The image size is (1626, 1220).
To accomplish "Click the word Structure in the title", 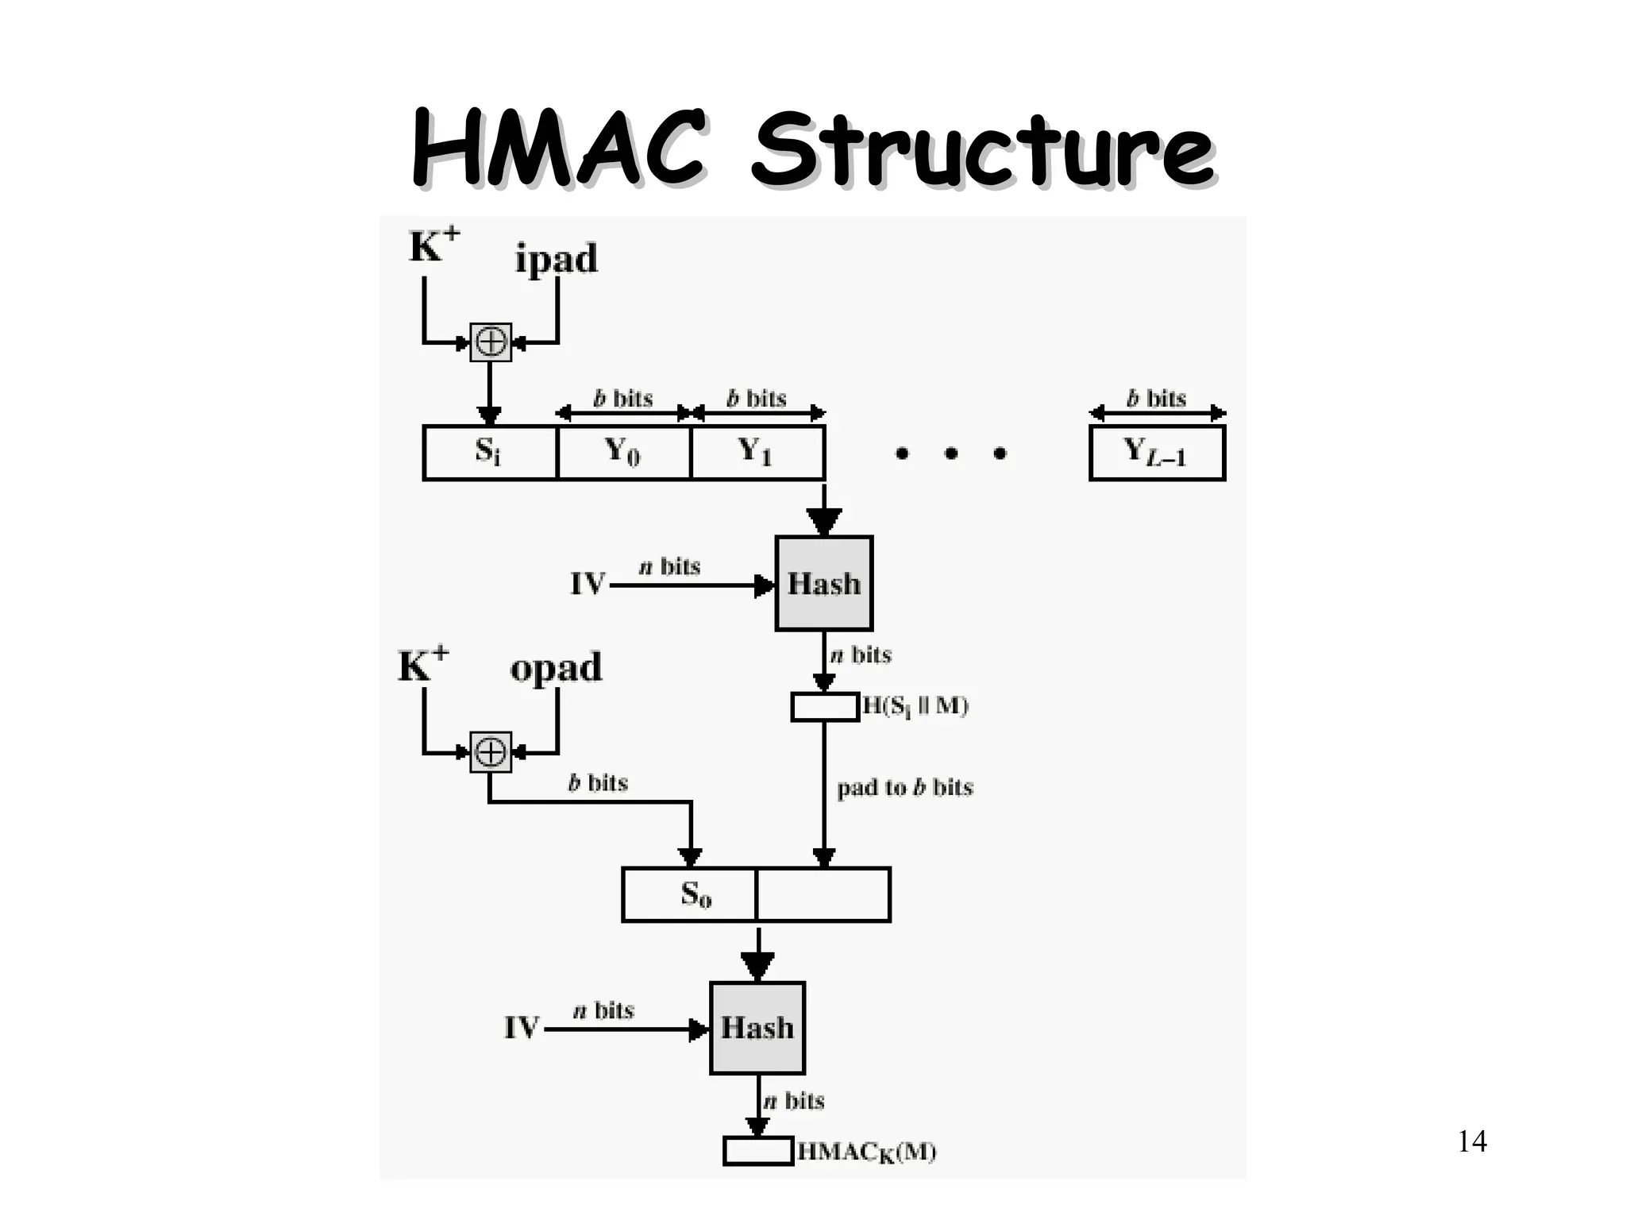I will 981,151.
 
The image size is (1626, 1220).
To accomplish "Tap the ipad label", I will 556,259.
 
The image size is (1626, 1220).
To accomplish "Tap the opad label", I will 556,667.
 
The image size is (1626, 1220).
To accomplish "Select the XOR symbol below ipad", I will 491,342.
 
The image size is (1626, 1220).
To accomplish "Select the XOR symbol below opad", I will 491,751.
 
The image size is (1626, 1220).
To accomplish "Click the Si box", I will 490,453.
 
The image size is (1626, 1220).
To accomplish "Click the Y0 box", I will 624,453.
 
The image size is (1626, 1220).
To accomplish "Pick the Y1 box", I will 757,453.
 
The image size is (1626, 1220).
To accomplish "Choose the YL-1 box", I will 1157,453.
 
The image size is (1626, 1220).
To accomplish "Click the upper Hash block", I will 824,584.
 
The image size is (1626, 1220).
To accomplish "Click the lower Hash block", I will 757,1028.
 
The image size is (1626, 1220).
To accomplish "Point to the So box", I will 689,894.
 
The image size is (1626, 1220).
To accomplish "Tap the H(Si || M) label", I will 915,706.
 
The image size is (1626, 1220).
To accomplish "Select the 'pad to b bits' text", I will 905,788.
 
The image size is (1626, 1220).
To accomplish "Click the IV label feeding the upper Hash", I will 588,585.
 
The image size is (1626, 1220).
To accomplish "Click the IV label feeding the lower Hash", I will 522,1029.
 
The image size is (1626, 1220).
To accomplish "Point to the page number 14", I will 1472,1141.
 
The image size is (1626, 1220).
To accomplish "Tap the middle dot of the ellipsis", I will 950,454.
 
